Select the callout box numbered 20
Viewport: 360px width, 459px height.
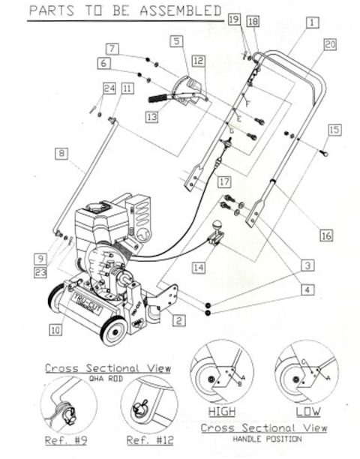click(x=331, y=44)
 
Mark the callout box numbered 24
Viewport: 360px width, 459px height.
click(x=109, y=88)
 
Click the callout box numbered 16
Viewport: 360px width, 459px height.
click(x=326, y=235)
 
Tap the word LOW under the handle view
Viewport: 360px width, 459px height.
click(x=304, y=412)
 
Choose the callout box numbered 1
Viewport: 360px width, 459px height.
click(x=311, y=24)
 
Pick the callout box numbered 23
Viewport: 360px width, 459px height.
click(x=40, y=273)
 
